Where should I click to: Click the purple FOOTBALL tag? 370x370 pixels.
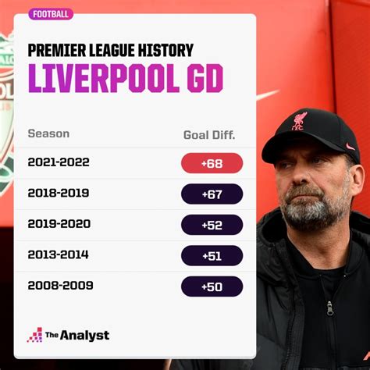click(x=51, y=14)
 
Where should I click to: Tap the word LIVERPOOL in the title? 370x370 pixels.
click(x=104, y=78)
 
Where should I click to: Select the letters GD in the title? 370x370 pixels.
click(x=205, y=78)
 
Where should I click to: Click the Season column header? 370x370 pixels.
click(x=48, y=133)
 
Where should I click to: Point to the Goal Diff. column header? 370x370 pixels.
click(x=209, y=135)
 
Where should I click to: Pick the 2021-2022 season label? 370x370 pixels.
click(x=59, y=162)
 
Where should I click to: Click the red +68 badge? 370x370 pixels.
click(x=212, y=163)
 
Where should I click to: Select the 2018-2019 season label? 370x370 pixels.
click(x=59, y=193)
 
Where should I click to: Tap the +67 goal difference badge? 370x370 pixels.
click(x=212, y=194)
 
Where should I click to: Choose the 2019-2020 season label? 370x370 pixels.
click(x=59, y=224)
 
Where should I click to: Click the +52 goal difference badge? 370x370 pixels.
click(x=212, y=225)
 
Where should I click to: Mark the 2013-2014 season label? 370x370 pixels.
click(x=59, y=254)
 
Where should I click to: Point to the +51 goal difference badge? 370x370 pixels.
click(x=212, y=256)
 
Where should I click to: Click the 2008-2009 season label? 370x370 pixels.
click(x=60, y=286)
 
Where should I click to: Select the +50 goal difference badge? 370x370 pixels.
click(x=212, y=286)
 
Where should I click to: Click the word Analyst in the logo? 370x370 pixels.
click(x=85, y=336)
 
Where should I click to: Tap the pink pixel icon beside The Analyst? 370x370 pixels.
click(x=34, y=335)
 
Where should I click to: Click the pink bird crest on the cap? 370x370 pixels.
click(x=299, y=121)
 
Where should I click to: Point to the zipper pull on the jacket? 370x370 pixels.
click(x=330, y=308)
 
